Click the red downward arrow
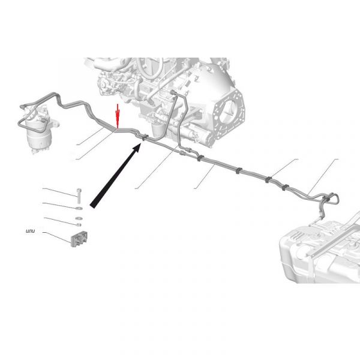(x=118, y=116)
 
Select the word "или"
(x=31, y=231)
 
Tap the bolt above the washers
(x=79, y=196)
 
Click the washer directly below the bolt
(x=79, y=208)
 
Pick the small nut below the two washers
(x=79, y=224)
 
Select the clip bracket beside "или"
(x=79, y=239)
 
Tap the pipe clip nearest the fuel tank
(x=326, y=199)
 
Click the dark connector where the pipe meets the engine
(x=173, y=92)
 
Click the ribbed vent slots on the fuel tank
(x=298, y=236)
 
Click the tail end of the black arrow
(x=92, y=205)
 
